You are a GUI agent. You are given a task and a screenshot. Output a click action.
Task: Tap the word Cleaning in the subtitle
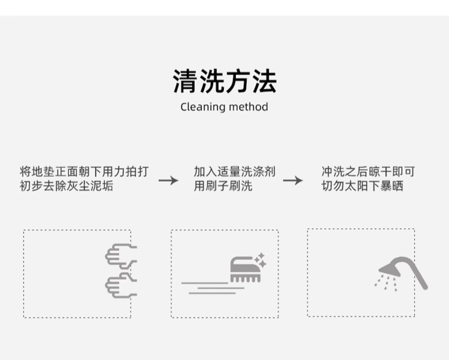(x=202, y=107)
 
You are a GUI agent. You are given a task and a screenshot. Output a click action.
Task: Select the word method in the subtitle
(x=248, y=107)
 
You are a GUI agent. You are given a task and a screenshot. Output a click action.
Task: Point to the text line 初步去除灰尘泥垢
(x=66, y=186)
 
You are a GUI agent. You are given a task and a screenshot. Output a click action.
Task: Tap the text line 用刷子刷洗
(x=223, y=186)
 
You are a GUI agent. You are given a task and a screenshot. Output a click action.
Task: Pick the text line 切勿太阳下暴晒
(x=362, y=186)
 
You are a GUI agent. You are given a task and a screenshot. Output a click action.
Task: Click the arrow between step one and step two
(x=168, y=181)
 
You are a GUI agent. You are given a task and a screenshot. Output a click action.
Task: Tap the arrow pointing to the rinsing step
(x=293, y=181)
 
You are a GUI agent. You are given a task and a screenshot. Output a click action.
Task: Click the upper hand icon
(x=121, y=255)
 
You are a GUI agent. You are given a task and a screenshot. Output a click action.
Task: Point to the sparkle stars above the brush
(x=260, y=259)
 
